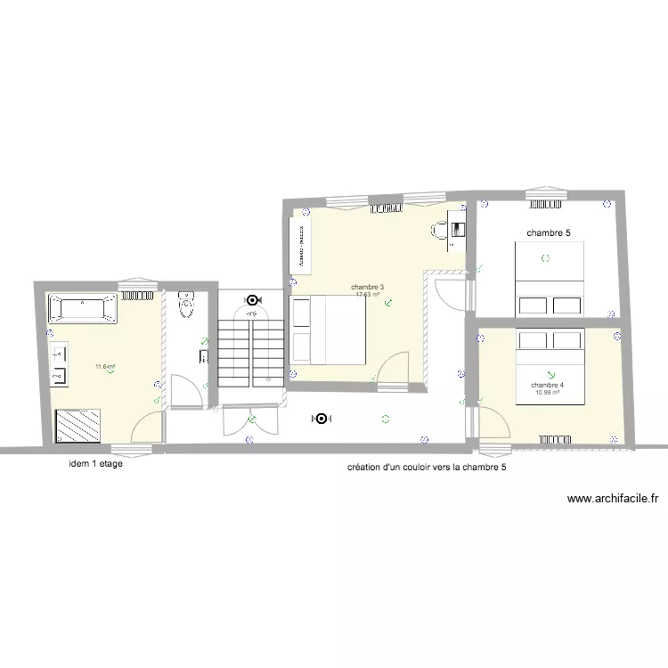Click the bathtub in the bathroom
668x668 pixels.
pos(82,308)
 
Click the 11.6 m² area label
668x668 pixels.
pos(105,366)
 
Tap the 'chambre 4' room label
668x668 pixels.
pos(547,385)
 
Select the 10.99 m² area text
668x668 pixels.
pos(547,393)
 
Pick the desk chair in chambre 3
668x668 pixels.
pos(439,231)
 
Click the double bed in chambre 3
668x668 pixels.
pos(328,330)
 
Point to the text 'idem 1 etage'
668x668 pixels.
pos(95,464)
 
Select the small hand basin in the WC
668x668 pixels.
pos(203,358)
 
